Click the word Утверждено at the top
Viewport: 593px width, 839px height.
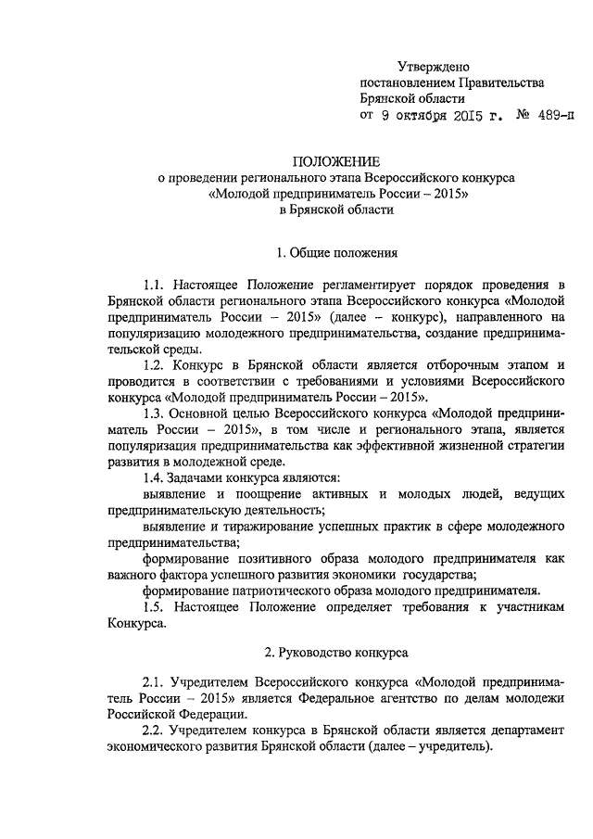[x=433, y=66]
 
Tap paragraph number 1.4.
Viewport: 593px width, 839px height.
[x=158, y=477]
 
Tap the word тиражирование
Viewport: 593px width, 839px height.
[x=262, y=528]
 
